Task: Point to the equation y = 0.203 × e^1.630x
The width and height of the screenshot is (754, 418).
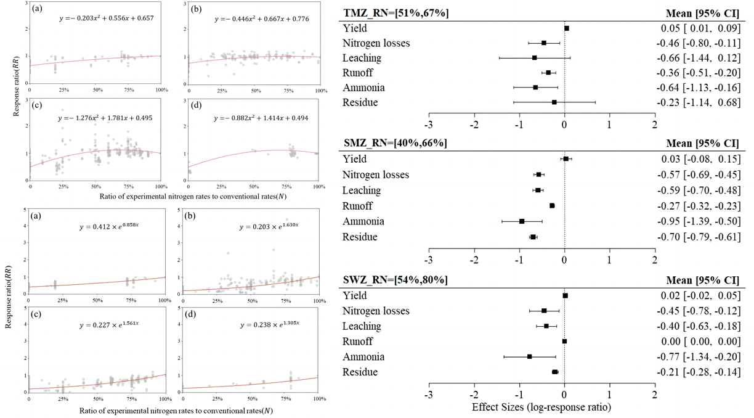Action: point(269,227)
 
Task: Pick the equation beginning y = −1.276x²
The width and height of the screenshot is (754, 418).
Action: point(105,118)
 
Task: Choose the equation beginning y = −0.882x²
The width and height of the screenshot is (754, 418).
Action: point(261,118)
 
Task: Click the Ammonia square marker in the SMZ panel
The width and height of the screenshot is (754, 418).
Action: point(522,221)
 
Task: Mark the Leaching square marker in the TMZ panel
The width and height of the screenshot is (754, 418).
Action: point(534,58)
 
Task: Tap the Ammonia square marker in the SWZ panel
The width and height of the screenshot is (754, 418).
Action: point(529,356)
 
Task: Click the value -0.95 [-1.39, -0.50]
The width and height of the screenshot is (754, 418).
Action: point(697,221)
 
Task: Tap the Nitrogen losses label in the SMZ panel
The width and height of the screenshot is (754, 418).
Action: point(375,174)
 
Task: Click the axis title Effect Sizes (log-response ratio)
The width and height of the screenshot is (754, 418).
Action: point(541,407)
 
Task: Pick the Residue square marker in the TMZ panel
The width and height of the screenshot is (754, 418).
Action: point(554,102)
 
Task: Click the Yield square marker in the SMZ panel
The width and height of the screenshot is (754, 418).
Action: point(565,159)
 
